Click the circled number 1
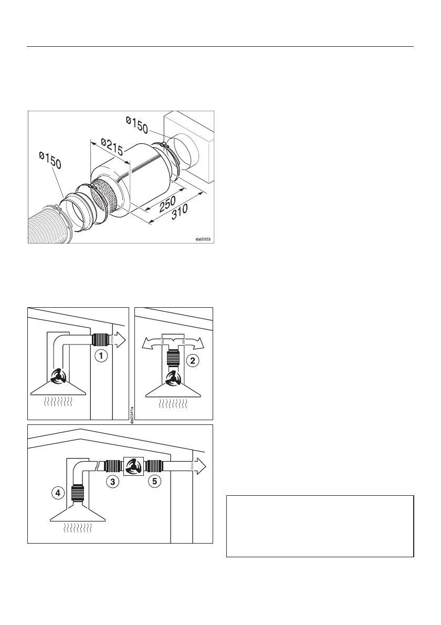(101, 356)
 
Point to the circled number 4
(57, 493)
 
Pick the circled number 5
(153, 481)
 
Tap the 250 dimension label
(167, 205)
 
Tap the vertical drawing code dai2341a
(132, 412)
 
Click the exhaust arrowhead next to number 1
(120, 340)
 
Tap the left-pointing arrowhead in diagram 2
(148, 343)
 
